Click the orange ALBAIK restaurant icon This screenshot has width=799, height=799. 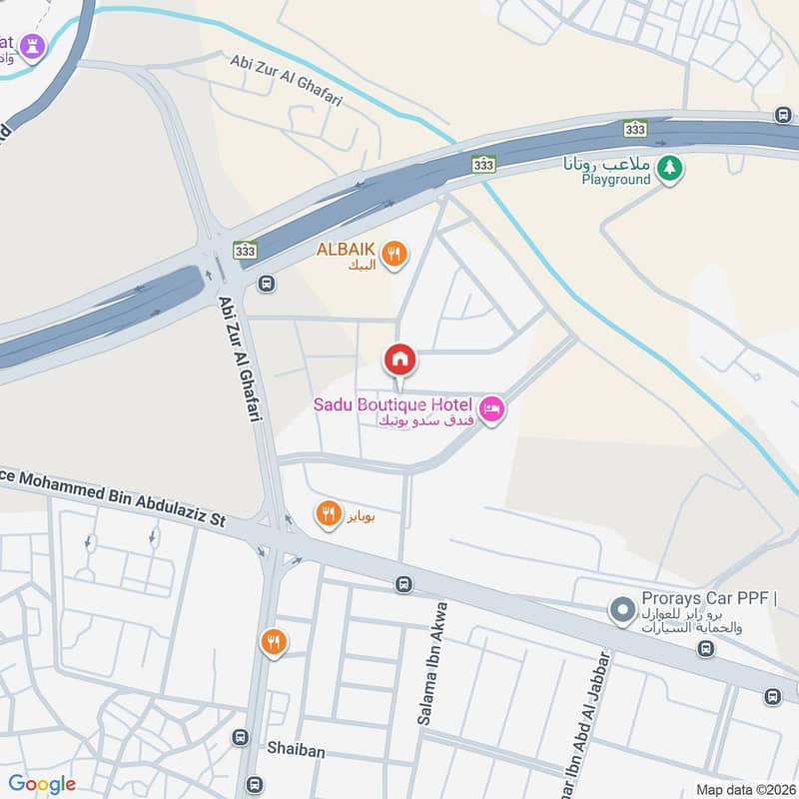[x=395, y=255]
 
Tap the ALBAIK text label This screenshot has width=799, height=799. [x=346, y=249]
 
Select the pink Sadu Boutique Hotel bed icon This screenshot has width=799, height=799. [x=491, y=408]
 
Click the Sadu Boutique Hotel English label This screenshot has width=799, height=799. [x=392, y=404]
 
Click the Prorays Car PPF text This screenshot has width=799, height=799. [x=704, y=598]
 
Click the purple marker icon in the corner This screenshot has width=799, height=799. [x=32, y=46]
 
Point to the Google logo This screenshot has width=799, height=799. [x=42, y=784]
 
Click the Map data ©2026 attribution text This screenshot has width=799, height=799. [x=744, y=790]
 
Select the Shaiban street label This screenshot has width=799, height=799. [x=293, y=747]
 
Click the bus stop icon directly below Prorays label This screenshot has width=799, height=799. [x=706, y=649]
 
